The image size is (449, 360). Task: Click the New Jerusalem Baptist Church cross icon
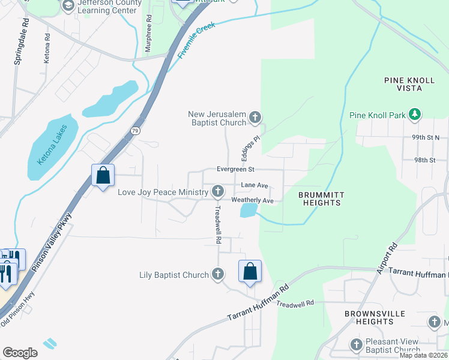pyautogui.click(x=255, y=117)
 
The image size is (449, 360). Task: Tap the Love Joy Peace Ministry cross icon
pyautogui.click(x=218, y=192)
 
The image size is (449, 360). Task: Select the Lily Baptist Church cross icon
pyautogui.click(x=218, y=275)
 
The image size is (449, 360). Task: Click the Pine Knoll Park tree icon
pyautogui.click(x=414, y=114)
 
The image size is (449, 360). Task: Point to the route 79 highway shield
pyautogui.click(x=136, y=130)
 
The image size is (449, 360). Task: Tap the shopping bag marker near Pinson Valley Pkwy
pyautogui.click(x=103, y=176)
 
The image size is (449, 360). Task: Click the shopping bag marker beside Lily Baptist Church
pyautogui.click(x=250, y=271)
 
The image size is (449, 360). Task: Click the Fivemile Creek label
pyautogui.click(x=196, y=41)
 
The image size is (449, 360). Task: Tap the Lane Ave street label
pyautogui.click(x=254, y=186)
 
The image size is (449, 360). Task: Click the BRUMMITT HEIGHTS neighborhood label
pyautogui.click(x=320, y=199)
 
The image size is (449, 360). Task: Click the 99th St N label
pyautogui.click(x=426, y=137)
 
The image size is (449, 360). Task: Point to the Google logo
pyautogui.click(x=20, y=352)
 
